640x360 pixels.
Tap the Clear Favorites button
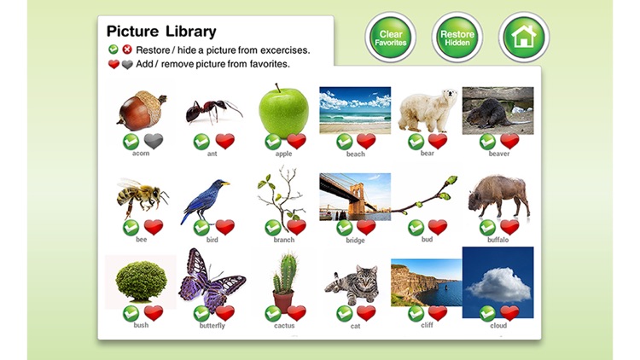[x=391, y=38]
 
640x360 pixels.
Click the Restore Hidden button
[x=457, y=38]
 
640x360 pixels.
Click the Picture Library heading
[x=161, y=32]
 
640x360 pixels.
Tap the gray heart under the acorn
[x=154, y=141]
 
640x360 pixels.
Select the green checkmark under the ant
[x=201, y=141]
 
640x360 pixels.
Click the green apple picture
[x=283, y=110]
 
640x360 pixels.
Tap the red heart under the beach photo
[x=366, y=141]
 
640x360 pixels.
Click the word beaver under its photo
[x=498, y=154]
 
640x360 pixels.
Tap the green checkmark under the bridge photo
[x=345, y=227]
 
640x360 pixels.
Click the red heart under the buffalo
[x=509, y=227]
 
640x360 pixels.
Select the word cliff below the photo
[x=427, y=325]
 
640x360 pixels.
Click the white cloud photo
[x=498, y=282]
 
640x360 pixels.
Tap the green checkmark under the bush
[x=131, y=313]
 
